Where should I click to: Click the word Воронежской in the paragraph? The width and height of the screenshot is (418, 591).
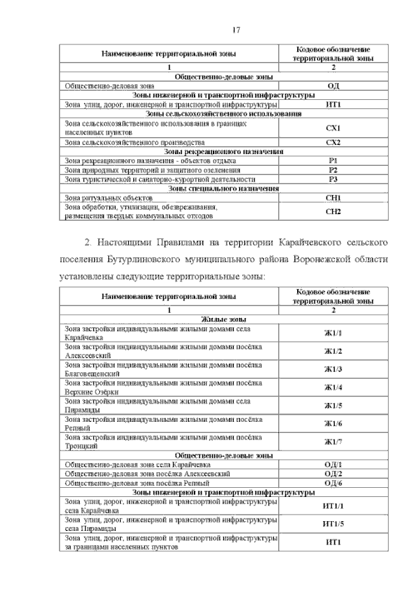(x=303, y=258)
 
